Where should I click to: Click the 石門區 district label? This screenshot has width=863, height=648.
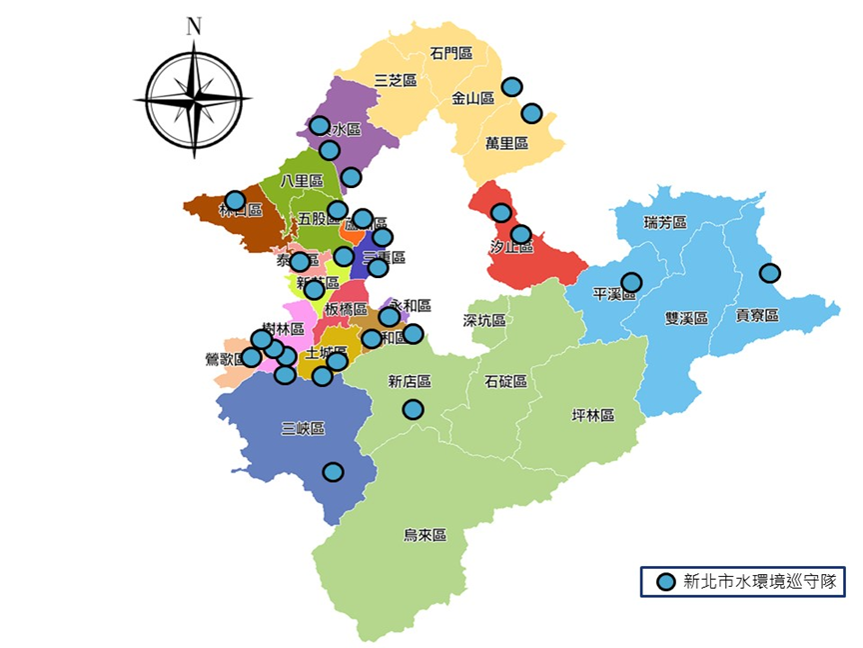pos(451,53)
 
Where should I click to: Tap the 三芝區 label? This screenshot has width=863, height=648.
pos(395,80)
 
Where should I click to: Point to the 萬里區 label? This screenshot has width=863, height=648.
pos(506,143)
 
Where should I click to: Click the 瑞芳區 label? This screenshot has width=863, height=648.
pos(665,222)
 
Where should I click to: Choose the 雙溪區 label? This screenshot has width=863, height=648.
pos(686,318)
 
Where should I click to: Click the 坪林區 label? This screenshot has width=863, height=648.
pos(592,415)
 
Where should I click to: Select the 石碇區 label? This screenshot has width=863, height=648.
pos(505,381)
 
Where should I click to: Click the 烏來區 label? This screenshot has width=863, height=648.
pos(425,536)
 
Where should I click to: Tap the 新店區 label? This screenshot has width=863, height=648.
pos(410,381)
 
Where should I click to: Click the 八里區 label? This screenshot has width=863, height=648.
pos(302,181)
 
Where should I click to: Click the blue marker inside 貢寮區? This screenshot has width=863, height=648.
pos(769,272)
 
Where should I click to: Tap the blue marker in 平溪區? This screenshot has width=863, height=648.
pos(631,283)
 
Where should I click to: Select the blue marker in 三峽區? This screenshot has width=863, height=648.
pos(333,472)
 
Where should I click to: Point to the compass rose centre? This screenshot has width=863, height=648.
pos(194,98)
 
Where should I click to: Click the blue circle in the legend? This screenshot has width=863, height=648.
pos(665,582)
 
